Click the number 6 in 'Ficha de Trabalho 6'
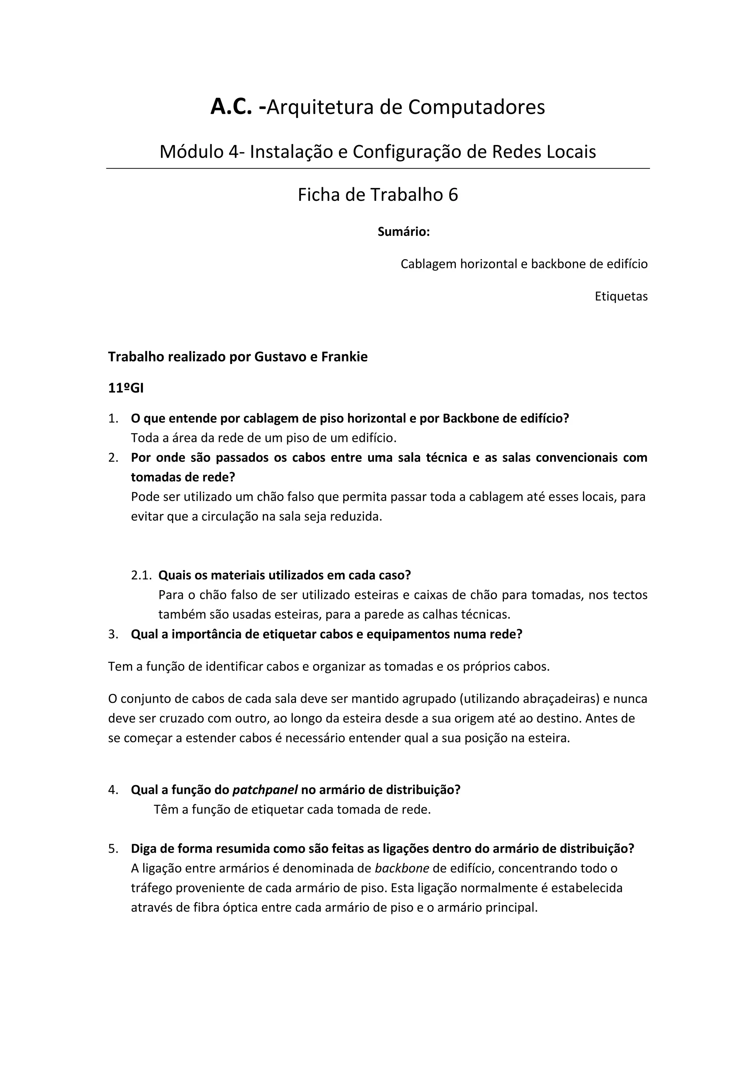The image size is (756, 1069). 453,195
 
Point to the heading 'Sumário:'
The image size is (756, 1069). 403,231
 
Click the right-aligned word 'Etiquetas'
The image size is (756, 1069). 621,296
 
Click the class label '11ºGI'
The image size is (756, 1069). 126,388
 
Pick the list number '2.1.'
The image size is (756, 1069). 141,575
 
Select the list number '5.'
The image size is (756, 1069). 113,848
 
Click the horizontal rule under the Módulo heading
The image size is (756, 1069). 378,168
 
